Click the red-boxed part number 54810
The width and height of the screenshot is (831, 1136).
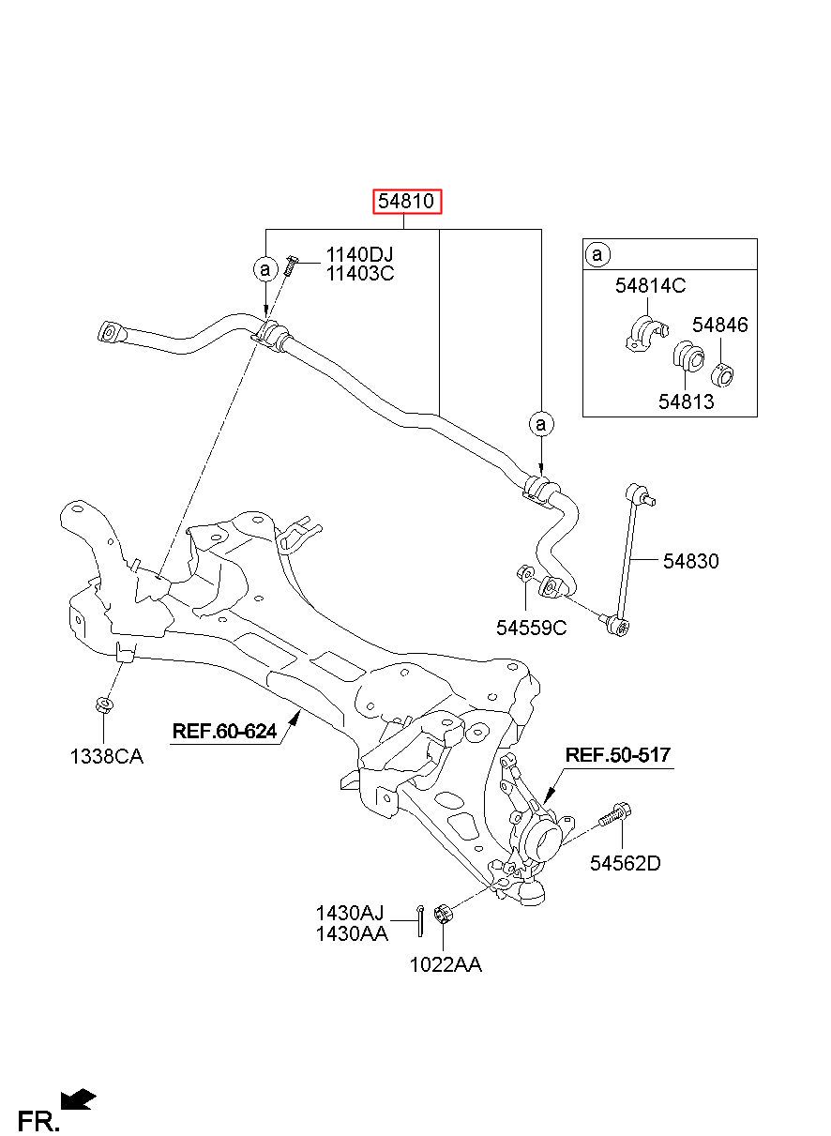[407, 202]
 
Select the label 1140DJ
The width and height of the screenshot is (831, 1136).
[359, 254]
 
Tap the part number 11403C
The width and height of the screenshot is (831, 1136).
[359, 274]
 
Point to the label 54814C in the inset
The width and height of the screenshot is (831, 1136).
[650, 286]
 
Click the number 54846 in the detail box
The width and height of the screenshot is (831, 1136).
[720, 325]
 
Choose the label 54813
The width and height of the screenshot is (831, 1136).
[686, 401]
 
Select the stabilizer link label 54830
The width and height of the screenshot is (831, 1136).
[691, 561]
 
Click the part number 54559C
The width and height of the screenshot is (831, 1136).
[532, 629]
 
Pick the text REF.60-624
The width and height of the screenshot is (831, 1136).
[224, 731]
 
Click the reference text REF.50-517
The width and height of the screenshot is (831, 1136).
[618, 754]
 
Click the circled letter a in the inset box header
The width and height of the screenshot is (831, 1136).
[597, 253]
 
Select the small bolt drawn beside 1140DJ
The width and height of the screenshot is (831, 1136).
[291, 265]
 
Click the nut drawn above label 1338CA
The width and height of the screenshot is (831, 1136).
[104, 704]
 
